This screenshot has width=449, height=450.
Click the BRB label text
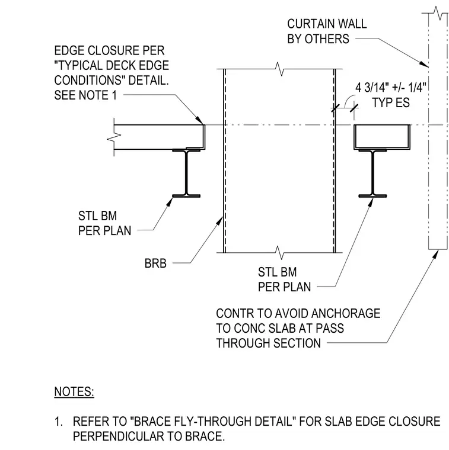[x=155, y=263]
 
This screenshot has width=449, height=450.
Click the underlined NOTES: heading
[x=74, y=392]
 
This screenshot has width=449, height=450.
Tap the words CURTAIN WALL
[x=327, y=24]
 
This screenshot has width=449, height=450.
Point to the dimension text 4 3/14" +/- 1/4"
[x=391, y=87]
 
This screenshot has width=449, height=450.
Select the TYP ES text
[x=391, y=102]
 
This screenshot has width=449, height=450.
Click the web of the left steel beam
[x=186, y=172]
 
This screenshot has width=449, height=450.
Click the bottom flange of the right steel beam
[x=372, y=196]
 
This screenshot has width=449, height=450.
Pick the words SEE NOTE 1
[x=85, y=95]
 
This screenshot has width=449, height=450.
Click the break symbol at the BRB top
[x=279, y=69]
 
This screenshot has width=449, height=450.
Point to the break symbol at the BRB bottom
[x=279, y=253]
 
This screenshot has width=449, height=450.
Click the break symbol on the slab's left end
[x=114, y=137]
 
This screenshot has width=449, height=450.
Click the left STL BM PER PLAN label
[x=104, y=223]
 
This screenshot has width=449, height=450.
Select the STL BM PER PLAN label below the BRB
[x=284, y=279]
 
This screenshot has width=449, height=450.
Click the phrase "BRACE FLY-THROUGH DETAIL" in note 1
[x=213, y=422]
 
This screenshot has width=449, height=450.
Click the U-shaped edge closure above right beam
[x=382, y=137]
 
